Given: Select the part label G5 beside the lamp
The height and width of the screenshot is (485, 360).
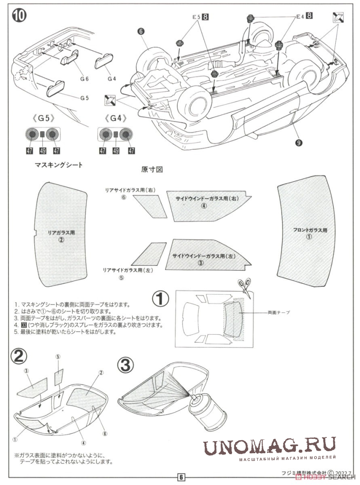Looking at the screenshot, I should [x=85, y=98].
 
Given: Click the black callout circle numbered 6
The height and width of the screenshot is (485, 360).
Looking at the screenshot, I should [x=141, y=32].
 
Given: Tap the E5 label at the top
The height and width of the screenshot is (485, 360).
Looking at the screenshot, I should [x=196, y=17].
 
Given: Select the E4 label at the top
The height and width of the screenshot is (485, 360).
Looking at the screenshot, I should [x=300, y=17].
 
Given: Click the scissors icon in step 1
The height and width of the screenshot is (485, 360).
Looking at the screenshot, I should [x=244, y=288].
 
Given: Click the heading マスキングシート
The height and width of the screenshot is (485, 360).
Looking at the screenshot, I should [x=58, y=165].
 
